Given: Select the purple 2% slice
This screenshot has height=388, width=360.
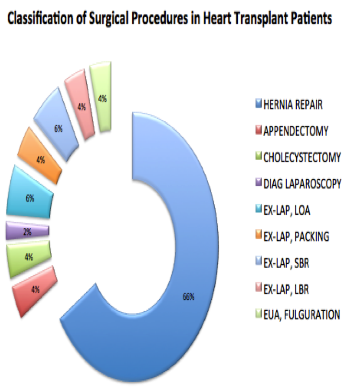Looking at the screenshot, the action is pyautogui.click(x=27, y=231).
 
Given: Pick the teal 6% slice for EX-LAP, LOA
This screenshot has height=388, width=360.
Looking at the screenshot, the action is pyautogui.click(x=29, y=194).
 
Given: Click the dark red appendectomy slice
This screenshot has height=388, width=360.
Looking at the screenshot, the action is pyautogui.click(x=35, y=290).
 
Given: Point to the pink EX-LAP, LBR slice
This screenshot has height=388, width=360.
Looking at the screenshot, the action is pyautogui.click(x=81, y=105).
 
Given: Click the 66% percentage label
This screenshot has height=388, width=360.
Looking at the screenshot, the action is pyautogui.click(x=188, y=296).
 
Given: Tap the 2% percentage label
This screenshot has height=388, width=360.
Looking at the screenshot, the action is pyautogui.click(x=27, y=232).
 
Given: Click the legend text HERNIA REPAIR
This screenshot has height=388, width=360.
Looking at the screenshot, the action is pyautogui.click(x=293, y=105).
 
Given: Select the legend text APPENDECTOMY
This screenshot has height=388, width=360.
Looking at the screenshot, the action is pyautogui.click(x=296, y=131).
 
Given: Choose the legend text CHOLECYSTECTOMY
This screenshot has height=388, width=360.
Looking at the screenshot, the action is pyautogui.click(x=302, y=157).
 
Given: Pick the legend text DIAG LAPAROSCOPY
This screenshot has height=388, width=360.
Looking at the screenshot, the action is pyautogui.click(x=302, y=184).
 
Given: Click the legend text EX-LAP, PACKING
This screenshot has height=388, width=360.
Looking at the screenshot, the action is pyautogui.click(x=296, y=237).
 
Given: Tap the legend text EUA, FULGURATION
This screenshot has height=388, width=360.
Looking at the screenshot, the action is pyautogui.click(x=302, y=315).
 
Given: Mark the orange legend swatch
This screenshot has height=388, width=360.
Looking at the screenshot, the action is pyautogui.click(x=258, y=235).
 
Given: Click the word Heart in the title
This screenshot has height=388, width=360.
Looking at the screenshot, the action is pyautogui.click(x=217, y=18).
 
